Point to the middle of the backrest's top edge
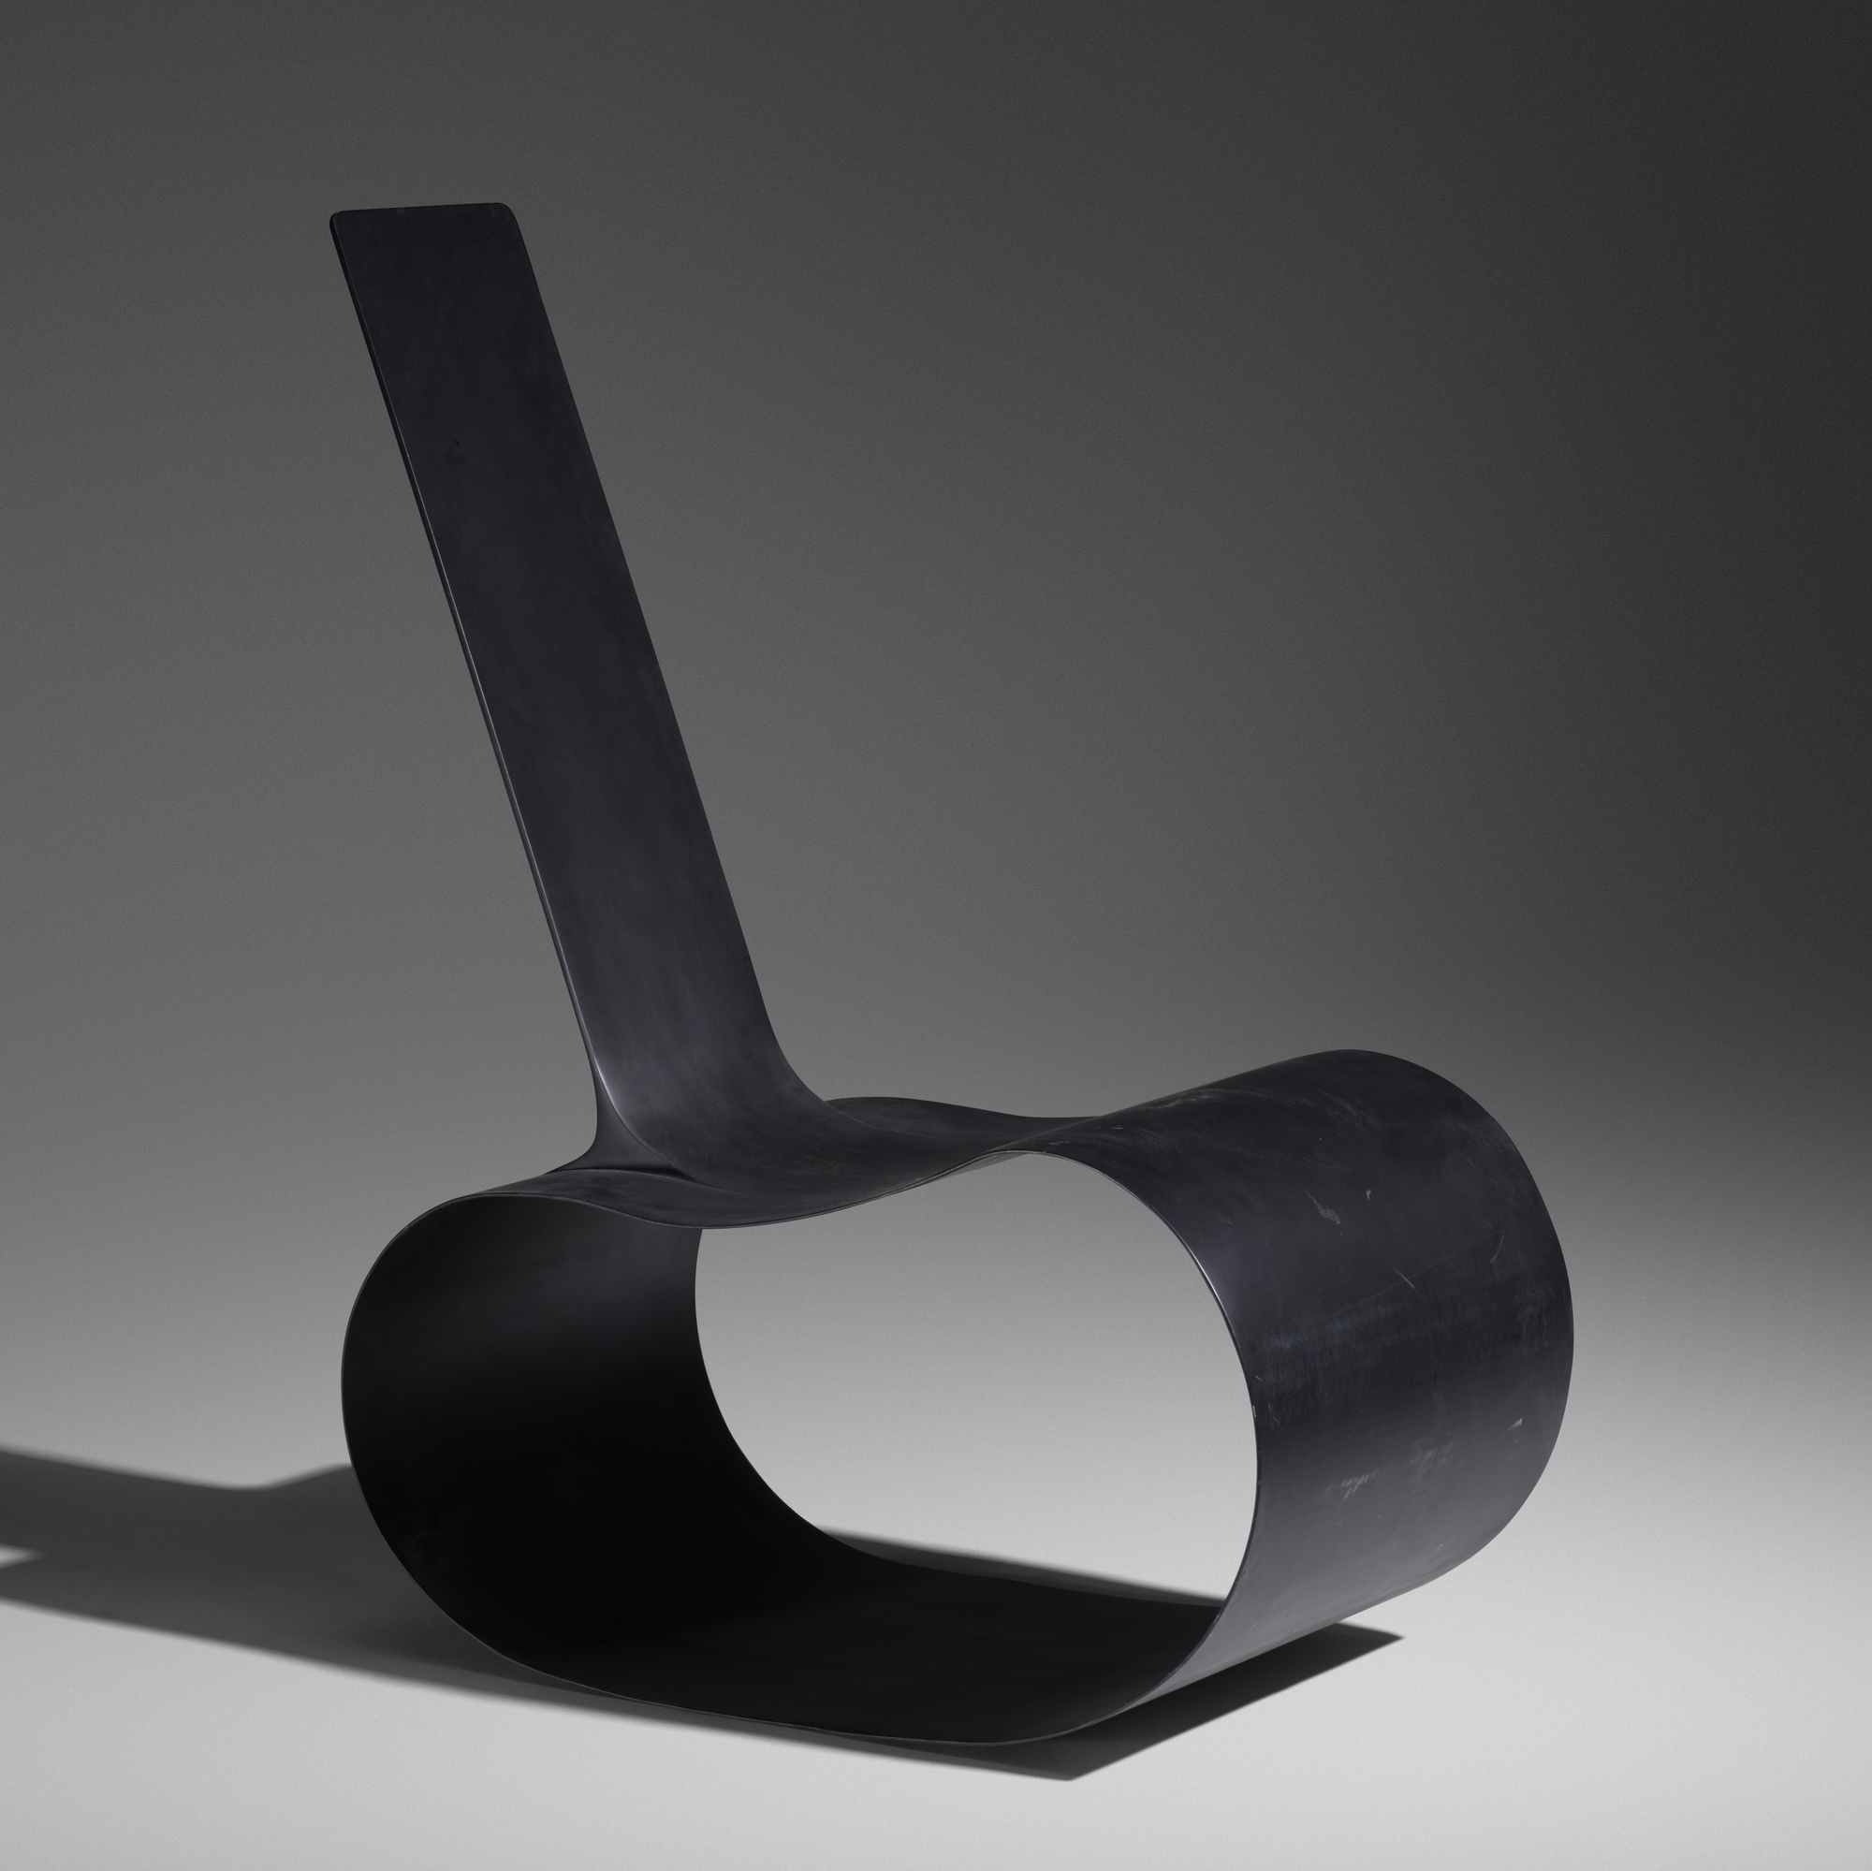pos(419,210)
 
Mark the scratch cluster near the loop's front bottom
pos(1356,1483)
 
